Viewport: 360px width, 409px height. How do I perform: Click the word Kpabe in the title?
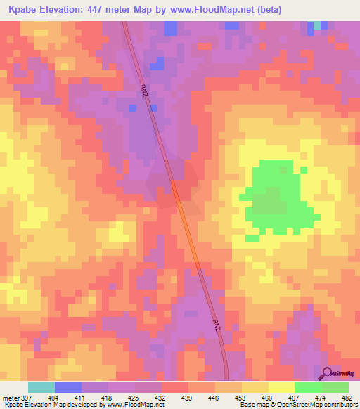tap(22, 9)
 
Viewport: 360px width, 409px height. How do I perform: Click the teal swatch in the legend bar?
tap(41, 387)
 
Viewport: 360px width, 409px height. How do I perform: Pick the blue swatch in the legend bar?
tap(68, 387)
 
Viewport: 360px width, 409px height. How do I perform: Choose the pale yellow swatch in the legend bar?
tap(281, 387)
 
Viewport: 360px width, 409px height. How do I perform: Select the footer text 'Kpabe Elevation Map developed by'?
tap(51, 404)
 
